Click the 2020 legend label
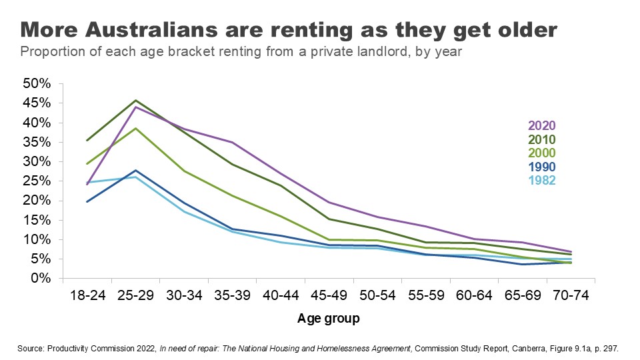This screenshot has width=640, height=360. click(x=541, y=125)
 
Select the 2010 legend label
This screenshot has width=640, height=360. click(x=541, y=139)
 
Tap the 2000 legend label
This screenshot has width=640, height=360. click(x=541, y=153)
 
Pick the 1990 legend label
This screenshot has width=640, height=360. click(x=541, y=167)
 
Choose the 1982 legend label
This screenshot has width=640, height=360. click(x=541, y=181)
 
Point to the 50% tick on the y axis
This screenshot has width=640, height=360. click(x=37, y=84)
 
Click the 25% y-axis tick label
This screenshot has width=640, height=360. click(x=37, y=181)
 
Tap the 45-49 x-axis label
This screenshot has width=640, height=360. click(x=328, y=296)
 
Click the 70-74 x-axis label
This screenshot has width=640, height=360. click(x=571, y=296)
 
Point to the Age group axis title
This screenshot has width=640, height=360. click(x=328, y=319)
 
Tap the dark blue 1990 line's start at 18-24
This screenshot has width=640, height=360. click(x=87, y=201)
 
